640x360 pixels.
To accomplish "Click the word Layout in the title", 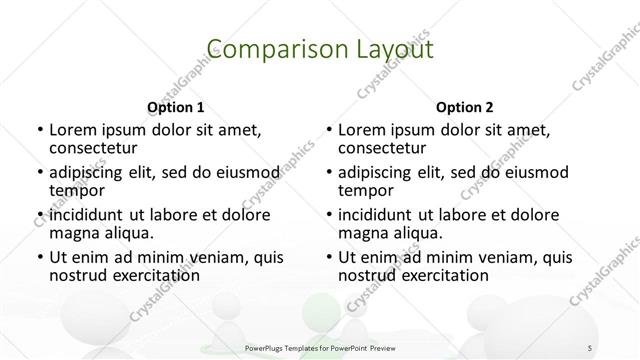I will pyautogui.click(x=390, y=49).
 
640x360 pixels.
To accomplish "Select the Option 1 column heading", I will pyautogui.click(x=176, y=107).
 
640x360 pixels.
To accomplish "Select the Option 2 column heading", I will pyautogui.click(x=465, y=107).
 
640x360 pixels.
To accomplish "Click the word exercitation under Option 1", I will pyautogui.click(x=154, y=275).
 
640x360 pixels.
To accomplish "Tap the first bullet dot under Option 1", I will pyautogui.click(x=39, y=130).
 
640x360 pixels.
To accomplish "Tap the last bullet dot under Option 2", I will pyautogui.click(x=328, y=258).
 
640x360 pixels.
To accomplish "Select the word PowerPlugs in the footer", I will pyautogui.click(x=268, y=348).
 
